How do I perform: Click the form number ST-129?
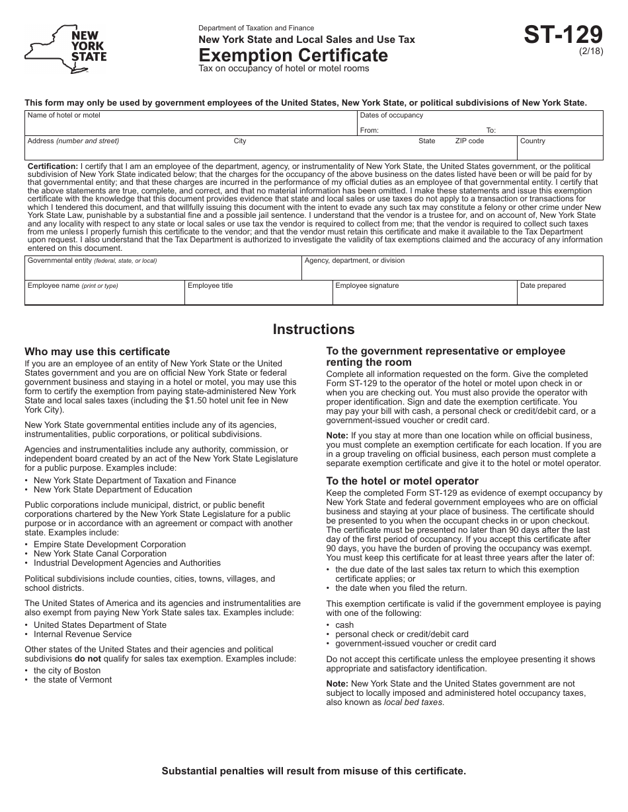[x=563, y=35]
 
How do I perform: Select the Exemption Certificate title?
[x=294, y=55]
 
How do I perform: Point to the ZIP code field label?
[x=469, y=141]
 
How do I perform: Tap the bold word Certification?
[x=53, y=166]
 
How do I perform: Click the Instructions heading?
[x=313, y=329]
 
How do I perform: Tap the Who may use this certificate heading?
[x=97, y=352]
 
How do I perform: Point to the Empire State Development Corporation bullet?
[x=110, y=545]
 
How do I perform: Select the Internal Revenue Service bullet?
[x=83, y=634]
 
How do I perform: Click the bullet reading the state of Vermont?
[x=73, y=680]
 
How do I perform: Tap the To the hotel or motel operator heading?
[x=402, y=481]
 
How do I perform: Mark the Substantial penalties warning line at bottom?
[x=314, y=770]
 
